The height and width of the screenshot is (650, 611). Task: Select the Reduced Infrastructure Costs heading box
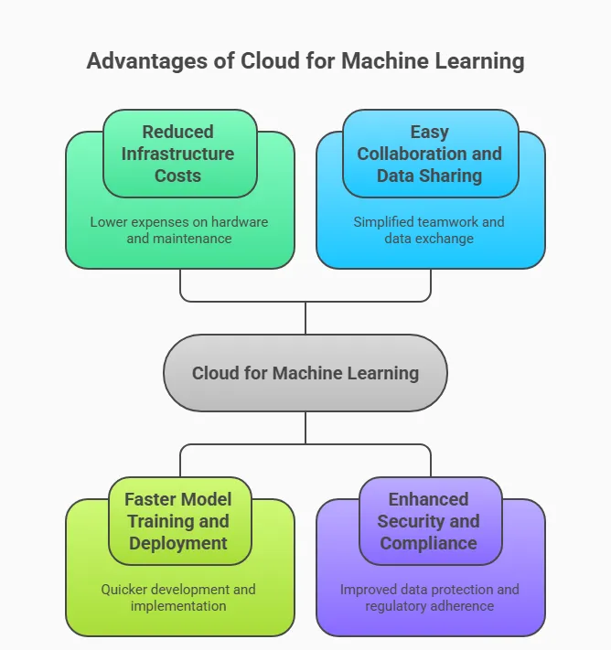coord(178,154)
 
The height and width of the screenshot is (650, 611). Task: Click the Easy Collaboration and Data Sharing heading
coord(429,154)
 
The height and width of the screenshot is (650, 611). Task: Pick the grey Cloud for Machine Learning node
coord(305,373)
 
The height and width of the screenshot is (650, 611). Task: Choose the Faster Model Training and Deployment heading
coord(178,521)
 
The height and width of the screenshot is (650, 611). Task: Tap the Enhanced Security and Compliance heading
coord(429,521)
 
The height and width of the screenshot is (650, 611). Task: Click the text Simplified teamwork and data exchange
coord(430,230)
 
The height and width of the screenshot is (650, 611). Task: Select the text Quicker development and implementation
coord(179,597)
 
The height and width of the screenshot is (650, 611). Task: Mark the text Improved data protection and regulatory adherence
coord(430,597)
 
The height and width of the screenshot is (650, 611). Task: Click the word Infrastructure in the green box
coord(178,154)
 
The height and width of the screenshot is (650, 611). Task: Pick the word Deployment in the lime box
coord(178,543)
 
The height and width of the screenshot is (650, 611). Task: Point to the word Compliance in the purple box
coord(429,543)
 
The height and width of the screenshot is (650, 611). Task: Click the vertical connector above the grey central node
coord(305,317)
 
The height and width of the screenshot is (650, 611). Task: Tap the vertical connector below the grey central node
coord(305,429)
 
